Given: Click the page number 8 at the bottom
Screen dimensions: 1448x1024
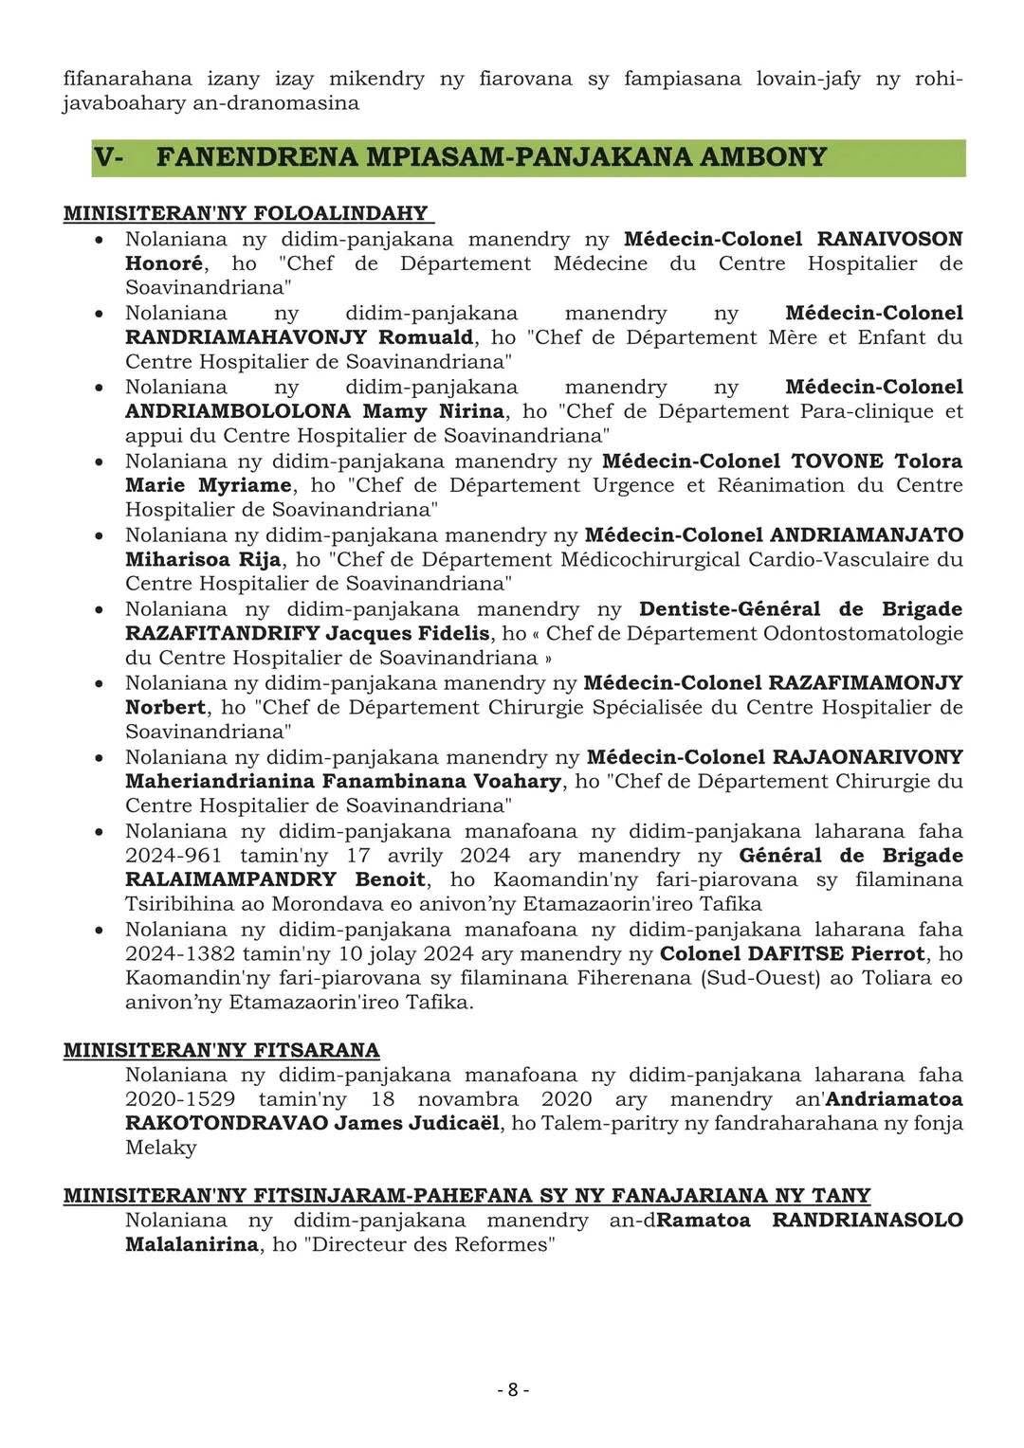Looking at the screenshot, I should pos(513,1390).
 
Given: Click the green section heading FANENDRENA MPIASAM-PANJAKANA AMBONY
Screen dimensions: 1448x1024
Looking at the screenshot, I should pos(491,157).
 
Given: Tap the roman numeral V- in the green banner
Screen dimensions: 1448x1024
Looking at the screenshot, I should pos(109,157).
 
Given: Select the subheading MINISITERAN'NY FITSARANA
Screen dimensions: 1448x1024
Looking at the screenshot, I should pos(221,1050).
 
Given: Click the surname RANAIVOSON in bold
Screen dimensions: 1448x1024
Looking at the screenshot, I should pos(889,239).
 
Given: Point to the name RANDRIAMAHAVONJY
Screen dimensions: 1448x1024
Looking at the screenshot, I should pos(247,337).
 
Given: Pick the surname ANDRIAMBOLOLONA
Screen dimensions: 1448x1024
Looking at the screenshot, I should pos(237,411).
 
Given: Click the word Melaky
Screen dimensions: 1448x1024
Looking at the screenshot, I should pos(160,1148).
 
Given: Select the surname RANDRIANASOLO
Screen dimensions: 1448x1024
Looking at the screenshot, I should pos(867,1220).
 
